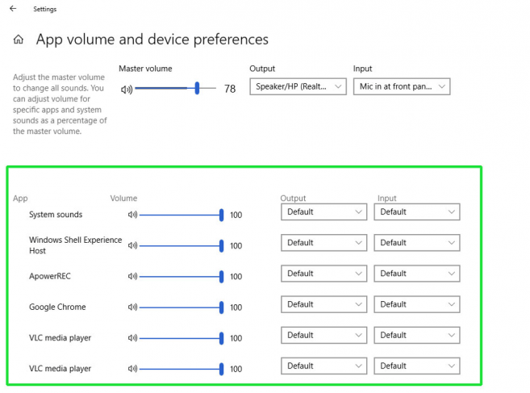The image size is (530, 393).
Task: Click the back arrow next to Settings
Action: pos(13,9)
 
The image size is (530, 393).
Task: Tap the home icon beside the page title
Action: pos(19,40)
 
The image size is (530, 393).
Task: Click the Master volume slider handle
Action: pos(197,89)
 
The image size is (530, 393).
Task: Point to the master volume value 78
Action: pos(230,89)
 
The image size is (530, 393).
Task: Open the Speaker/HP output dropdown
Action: pos(298,86)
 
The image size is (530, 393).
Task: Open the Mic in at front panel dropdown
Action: pos(401,86)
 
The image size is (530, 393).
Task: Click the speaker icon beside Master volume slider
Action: pos(126,90)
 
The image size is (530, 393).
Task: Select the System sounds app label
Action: pos(56,215)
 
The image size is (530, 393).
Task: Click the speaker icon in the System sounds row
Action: pos(133,215)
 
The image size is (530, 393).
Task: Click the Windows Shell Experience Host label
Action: pos(75,245)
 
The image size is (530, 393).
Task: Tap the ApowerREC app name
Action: pos(50,276)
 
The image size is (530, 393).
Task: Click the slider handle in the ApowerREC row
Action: pos(221,277)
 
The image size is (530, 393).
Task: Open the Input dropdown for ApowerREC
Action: pos(417,274)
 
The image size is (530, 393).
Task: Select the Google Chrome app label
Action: pos(57,307)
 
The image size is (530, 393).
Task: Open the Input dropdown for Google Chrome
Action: pos(417,304)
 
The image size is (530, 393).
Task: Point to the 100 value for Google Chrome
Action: pos(236,307)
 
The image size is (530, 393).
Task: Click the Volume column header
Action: pos(123,199)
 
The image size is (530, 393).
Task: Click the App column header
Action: pos(20,199)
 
